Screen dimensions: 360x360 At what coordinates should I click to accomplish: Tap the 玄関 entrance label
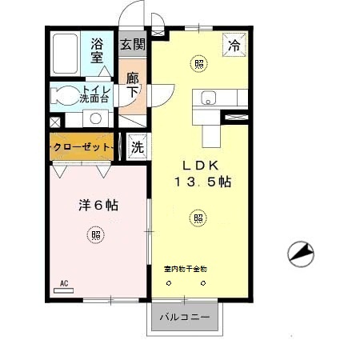pos(133,45)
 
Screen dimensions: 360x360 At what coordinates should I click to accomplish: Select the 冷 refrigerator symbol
pos(235,46)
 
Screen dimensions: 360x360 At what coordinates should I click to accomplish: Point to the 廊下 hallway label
pos(133,85)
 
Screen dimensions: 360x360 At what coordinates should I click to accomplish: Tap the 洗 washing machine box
pos(137,147)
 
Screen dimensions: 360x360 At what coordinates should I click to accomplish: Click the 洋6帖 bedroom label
pos(98,206)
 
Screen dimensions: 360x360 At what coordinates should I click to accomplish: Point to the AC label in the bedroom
pos(65,283)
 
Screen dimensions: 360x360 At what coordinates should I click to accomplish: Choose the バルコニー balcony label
pos(184,318)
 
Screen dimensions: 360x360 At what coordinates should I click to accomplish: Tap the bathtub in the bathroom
pos(65,54)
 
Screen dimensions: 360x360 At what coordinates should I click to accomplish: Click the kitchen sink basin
pos(210,99)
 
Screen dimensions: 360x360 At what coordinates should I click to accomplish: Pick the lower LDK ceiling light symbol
pos(198,216)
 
